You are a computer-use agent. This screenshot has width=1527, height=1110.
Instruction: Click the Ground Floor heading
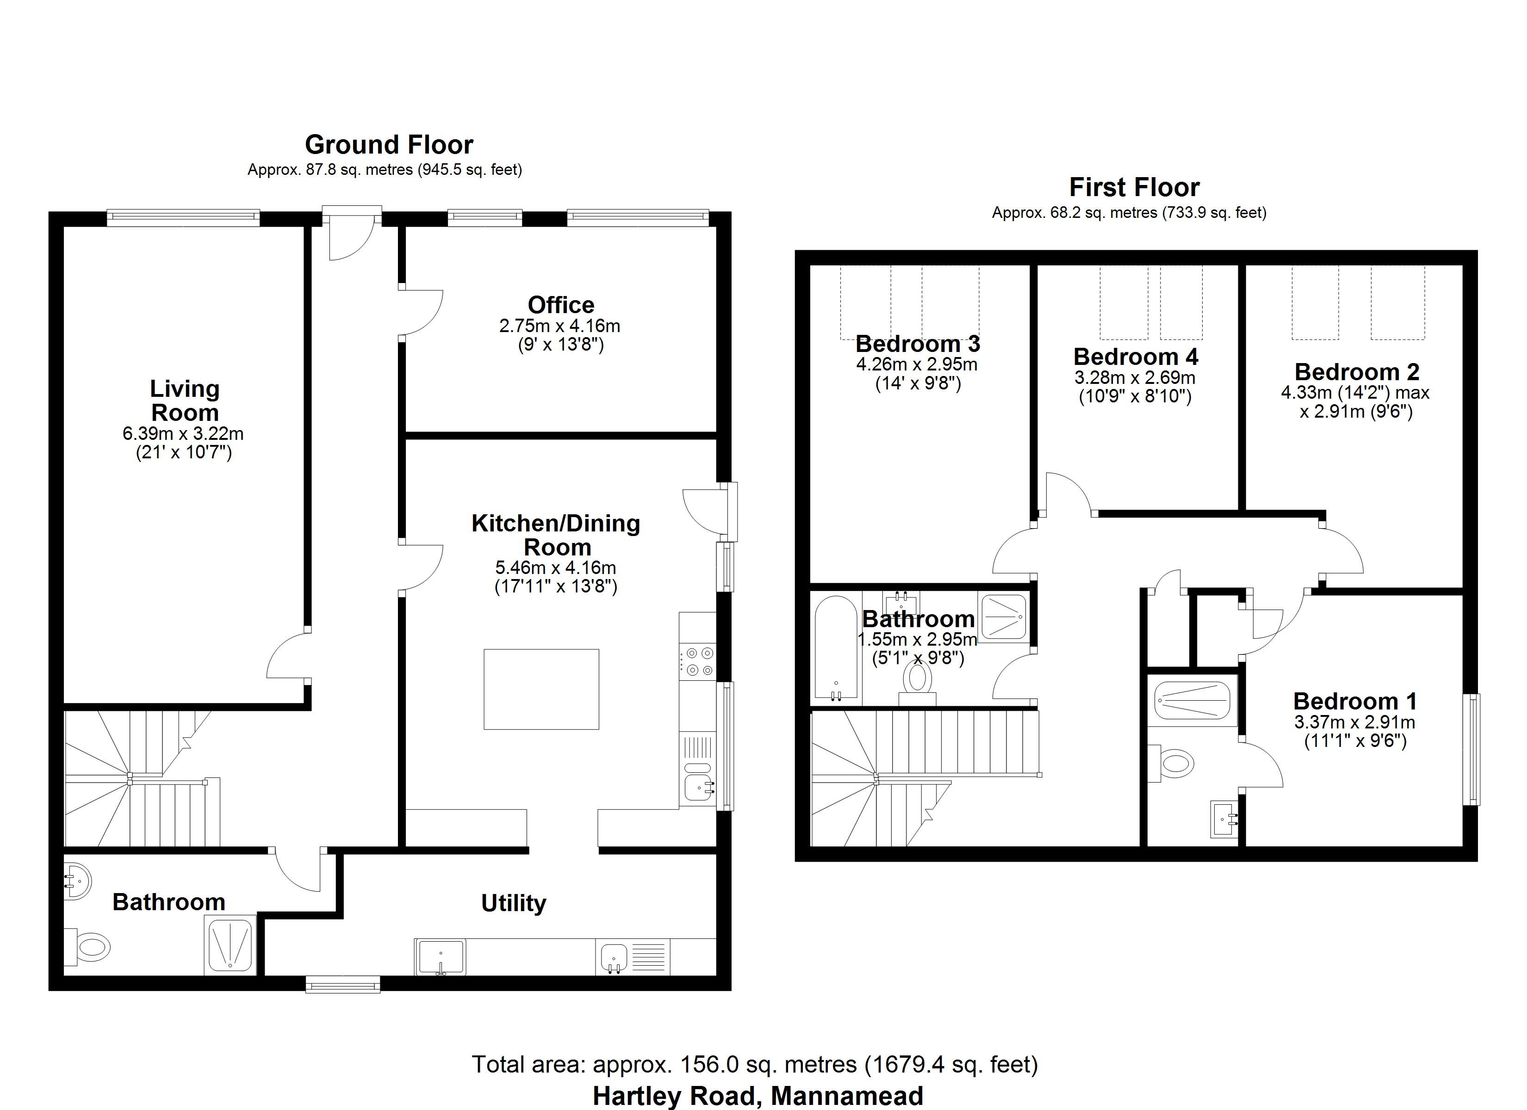coord(389,145)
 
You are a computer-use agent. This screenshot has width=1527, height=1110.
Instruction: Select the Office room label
coord(561,305)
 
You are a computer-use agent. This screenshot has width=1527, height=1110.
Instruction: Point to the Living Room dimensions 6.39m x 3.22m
coord(183,433)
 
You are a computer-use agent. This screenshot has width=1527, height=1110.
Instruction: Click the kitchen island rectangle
coord(541,689)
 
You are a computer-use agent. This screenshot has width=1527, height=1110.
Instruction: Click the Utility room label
coord(514,903)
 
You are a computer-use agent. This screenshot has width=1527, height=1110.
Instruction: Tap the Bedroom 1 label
coord(1355,702)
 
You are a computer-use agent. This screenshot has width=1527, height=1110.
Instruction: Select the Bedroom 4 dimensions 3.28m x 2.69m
coord(1135,377)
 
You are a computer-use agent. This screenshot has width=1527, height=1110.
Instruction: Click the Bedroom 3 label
coord(918,344)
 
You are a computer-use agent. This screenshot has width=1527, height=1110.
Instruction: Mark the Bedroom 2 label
coord(1357,371)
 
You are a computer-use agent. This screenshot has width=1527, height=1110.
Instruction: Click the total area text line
coord(755,1064)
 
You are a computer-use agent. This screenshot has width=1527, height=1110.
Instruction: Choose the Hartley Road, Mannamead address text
coord(757,1095)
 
